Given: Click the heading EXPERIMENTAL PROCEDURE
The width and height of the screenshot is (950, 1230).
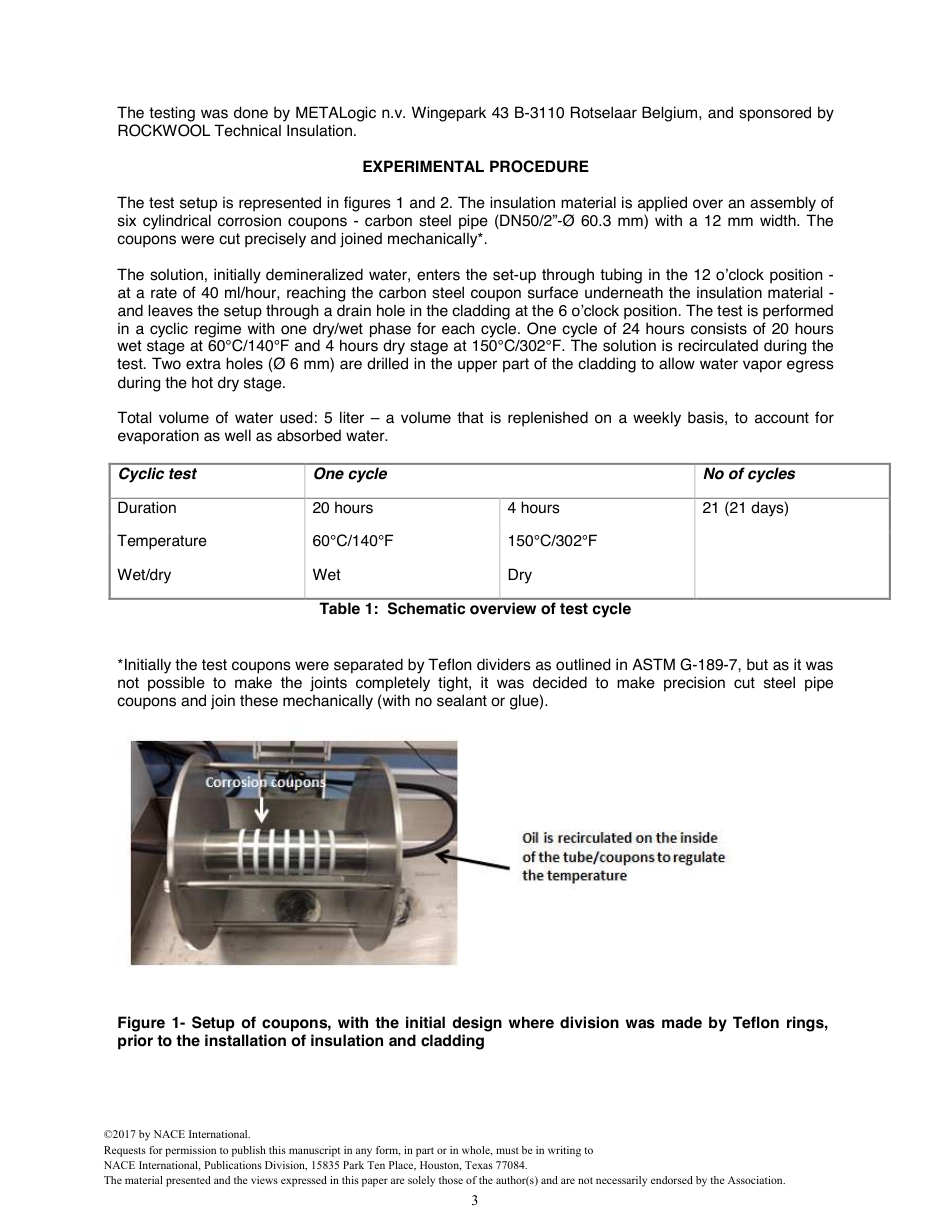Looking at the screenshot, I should click(x=475, y=167).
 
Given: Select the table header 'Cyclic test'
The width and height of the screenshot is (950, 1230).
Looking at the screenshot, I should click(x=157, y=474).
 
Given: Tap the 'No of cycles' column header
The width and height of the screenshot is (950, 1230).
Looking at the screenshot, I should click(x=749, y=474).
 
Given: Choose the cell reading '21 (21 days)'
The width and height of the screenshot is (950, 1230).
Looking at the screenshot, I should click(x=745, y=508).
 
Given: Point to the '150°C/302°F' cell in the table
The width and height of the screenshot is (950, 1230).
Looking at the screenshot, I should click(x=552, y=541).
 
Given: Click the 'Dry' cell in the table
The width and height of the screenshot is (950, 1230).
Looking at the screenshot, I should click(x=519, y=575).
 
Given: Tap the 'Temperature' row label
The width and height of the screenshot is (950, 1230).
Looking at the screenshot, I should click(x=162, y=541).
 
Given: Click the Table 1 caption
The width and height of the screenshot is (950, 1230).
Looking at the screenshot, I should click(x=475, y=609).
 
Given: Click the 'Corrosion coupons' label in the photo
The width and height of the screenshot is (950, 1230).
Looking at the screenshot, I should click(x=266, y=782).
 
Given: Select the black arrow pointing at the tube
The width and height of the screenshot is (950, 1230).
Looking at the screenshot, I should click(x=476, y=860).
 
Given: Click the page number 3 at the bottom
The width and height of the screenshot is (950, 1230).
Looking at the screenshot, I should click(x=475, y=1200).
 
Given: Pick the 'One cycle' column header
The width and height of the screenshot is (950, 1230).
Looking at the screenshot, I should click(x=350, y=474).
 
